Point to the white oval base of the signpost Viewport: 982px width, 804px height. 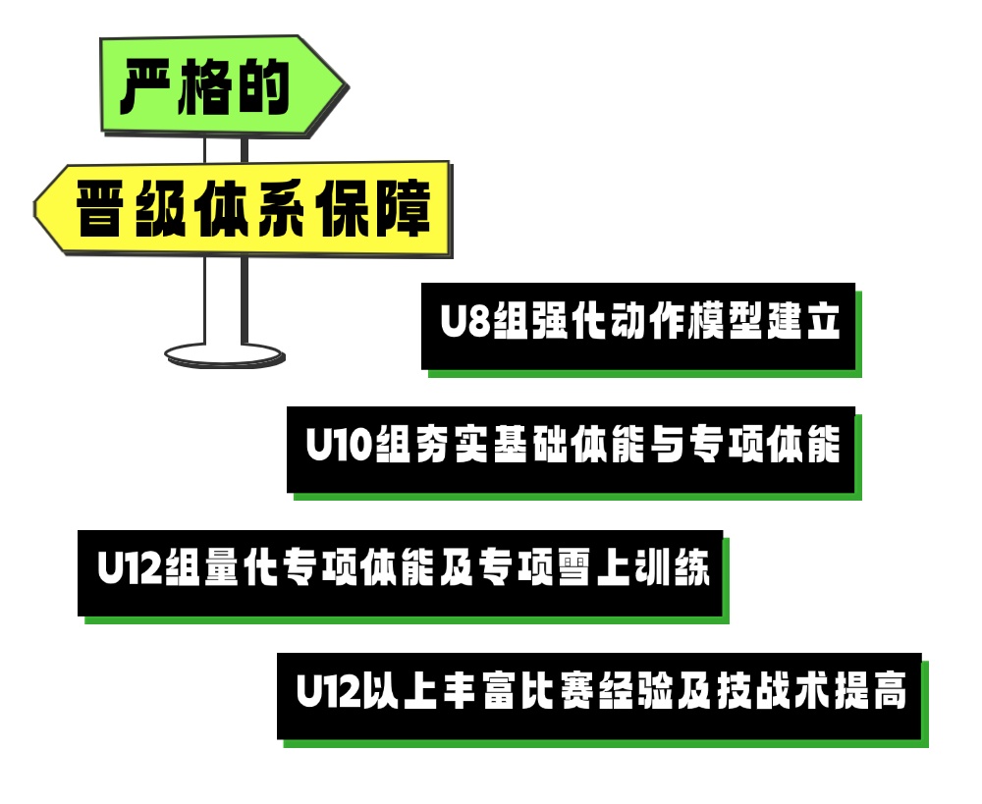225,352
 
